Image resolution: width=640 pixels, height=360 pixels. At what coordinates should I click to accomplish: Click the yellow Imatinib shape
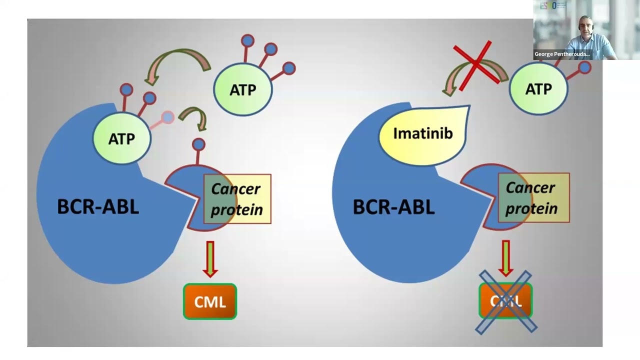click(422, 133)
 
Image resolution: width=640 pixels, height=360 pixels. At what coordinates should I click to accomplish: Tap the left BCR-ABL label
click(98, 207)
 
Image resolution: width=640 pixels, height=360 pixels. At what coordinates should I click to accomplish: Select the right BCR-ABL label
click(393, 207)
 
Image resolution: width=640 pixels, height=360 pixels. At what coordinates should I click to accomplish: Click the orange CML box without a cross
click(210, 301)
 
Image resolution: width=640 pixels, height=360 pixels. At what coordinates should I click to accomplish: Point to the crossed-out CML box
click(505, 301)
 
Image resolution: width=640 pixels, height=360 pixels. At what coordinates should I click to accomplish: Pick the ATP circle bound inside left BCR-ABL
click(121, 138)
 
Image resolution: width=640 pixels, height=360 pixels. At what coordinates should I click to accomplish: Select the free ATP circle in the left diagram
click(243, 89)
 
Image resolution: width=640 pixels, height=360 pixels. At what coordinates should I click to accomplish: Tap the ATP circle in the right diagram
click(538, 89)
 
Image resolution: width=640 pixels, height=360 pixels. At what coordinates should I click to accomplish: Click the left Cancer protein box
click(237, 199)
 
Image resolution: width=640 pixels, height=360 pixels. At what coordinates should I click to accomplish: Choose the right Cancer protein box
click(533, 198)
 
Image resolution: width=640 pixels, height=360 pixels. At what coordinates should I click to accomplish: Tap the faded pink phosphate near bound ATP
click(167, 117)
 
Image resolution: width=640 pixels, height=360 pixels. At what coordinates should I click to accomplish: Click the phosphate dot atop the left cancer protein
click(198, 144)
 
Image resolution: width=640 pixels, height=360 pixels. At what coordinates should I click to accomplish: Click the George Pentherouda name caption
click(562, 54)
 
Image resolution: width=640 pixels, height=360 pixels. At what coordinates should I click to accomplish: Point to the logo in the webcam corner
click(553, 6)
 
